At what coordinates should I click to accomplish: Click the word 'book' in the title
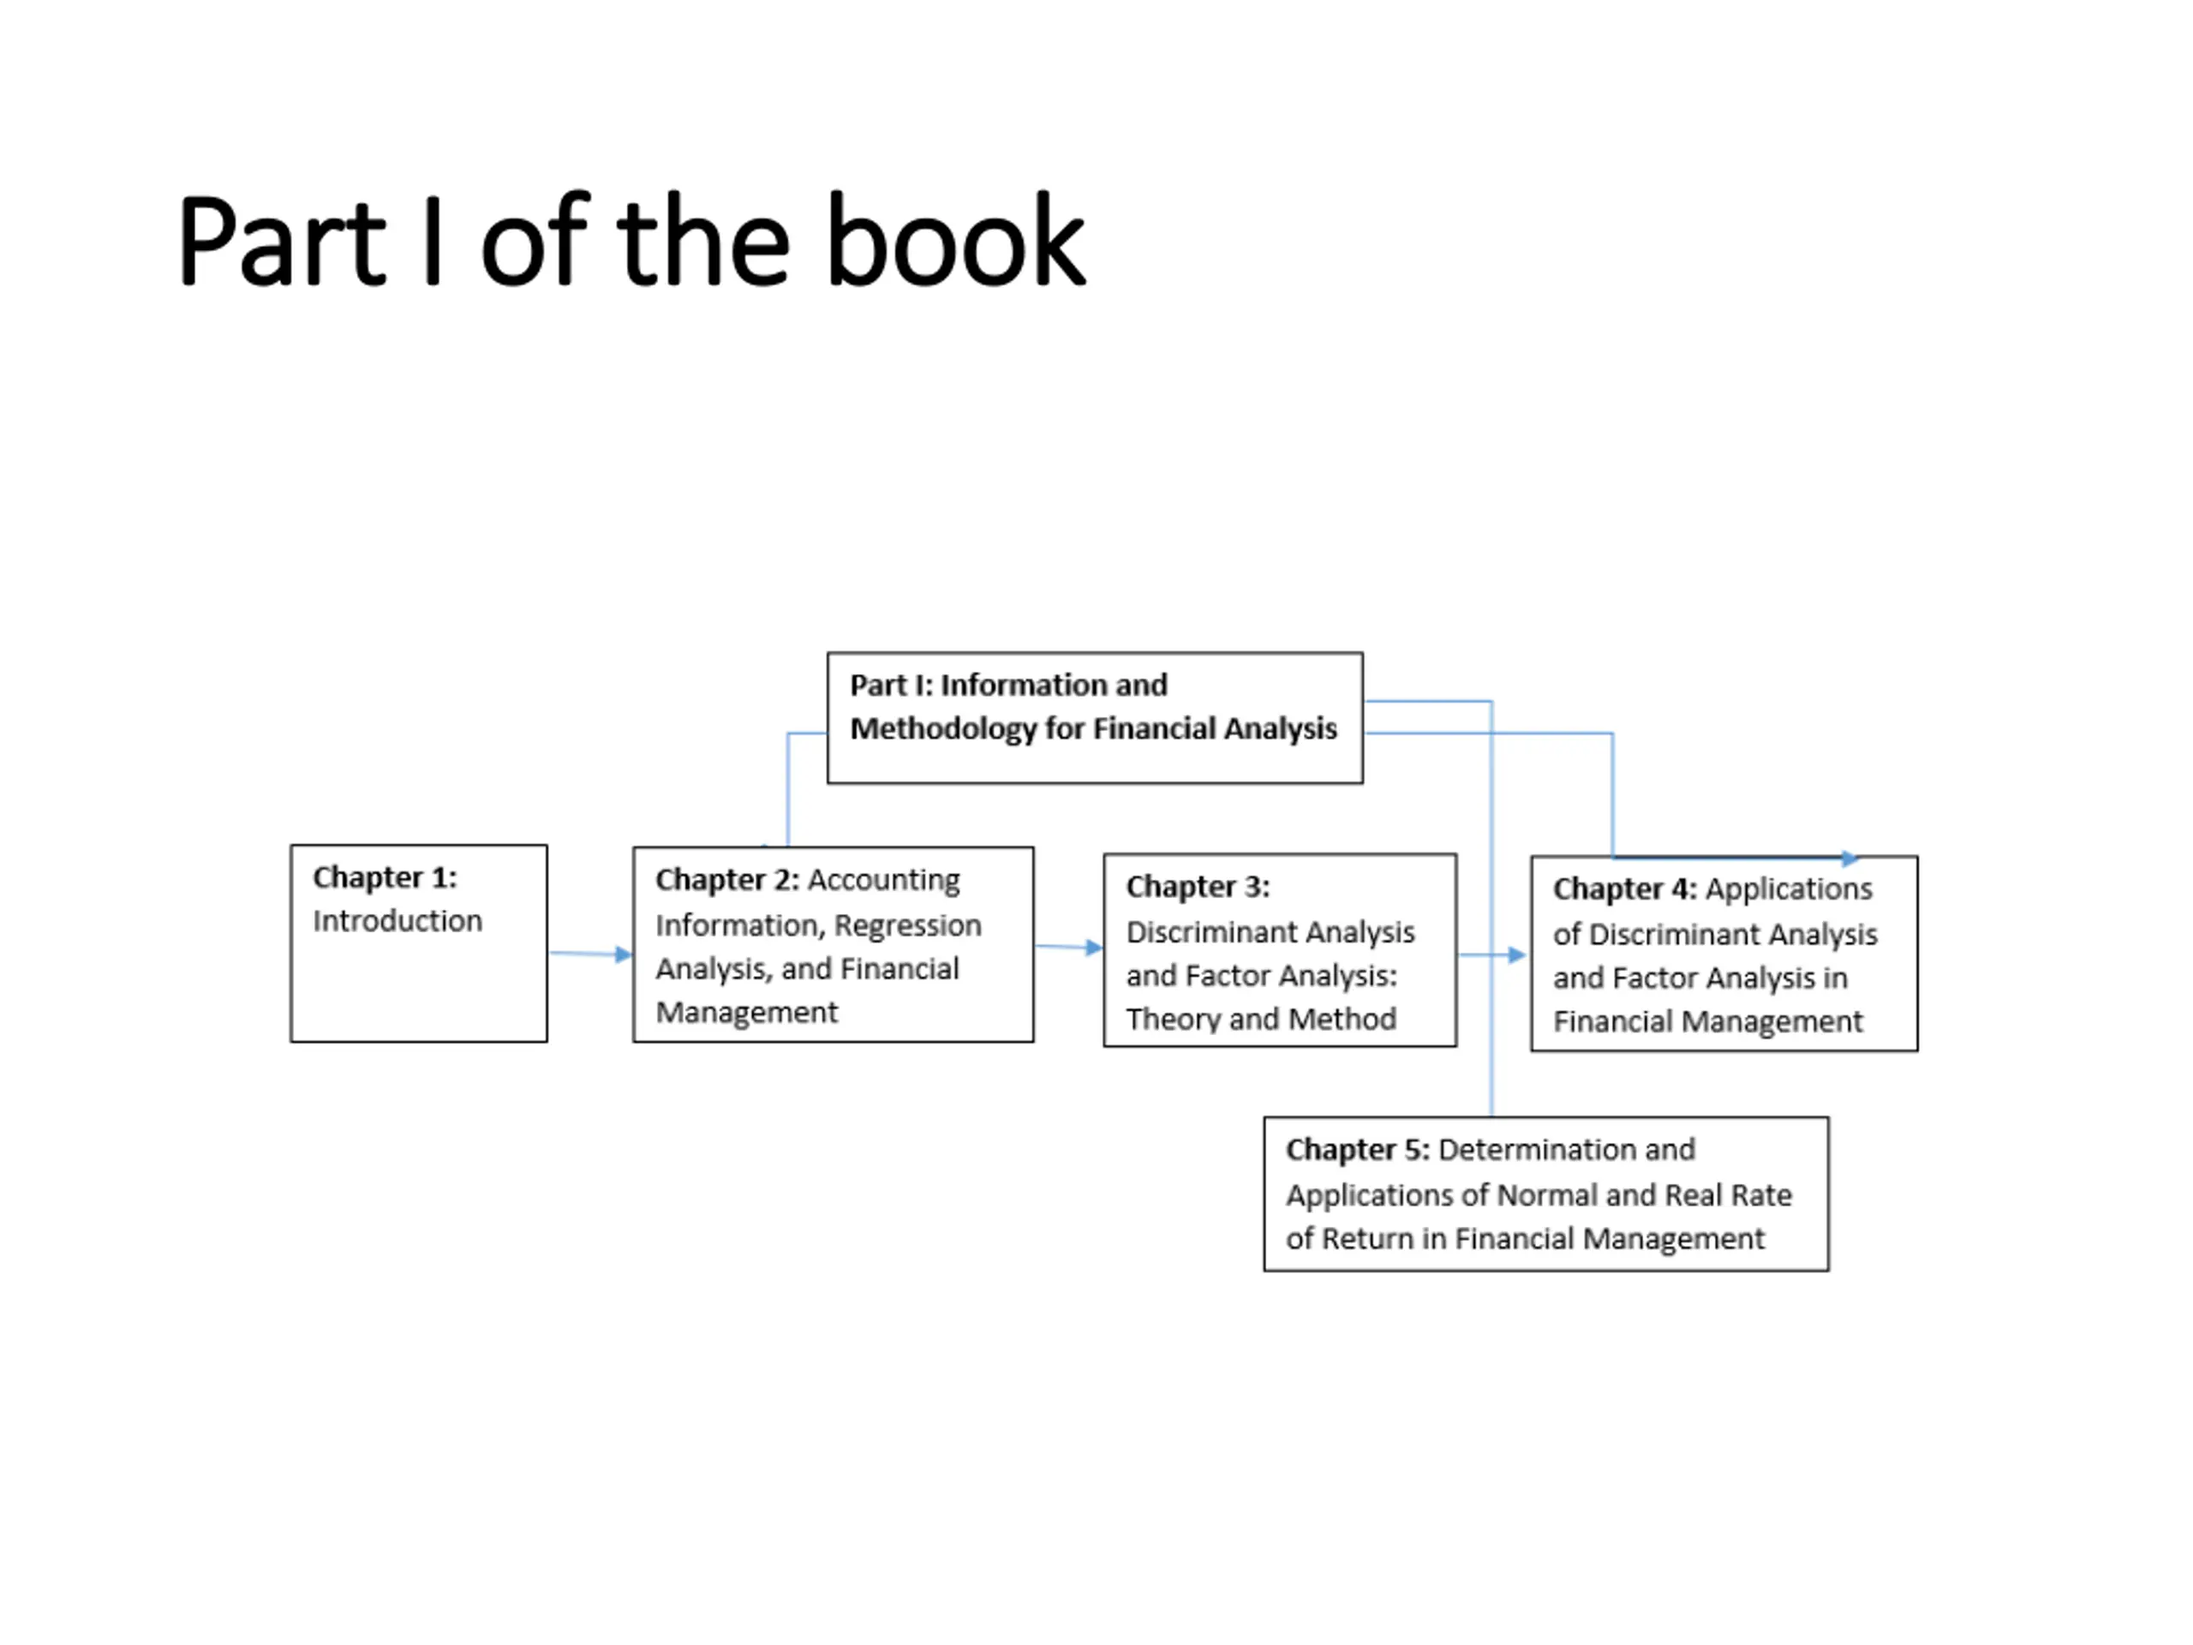click(955, 241)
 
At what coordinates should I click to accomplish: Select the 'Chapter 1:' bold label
click(385, 877)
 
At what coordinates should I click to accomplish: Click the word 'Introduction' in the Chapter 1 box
click(397, 921)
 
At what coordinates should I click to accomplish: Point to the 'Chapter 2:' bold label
click(726, 881)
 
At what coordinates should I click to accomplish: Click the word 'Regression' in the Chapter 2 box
click(907, 925)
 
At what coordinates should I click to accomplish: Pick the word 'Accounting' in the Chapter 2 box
click(883, 881)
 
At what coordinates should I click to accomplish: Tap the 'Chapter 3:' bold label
click(1198, 887)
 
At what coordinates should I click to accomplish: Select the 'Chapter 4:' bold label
click(1625, 889)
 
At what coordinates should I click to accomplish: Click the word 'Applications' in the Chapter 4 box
click(1789, 889)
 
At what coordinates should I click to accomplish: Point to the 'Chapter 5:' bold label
click(1357, 1150)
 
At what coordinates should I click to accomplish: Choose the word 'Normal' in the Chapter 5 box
click(1548, 1196)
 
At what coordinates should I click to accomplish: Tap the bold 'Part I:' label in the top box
click(891, 685)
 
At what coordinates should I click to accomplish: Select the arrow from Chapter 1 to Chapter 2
click(591, 954)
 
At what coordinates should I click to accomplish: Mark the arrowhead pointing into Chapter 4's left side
click(1517, 955)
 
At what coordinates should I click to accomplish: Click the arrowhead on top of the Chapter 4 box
click(1849, 858)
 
